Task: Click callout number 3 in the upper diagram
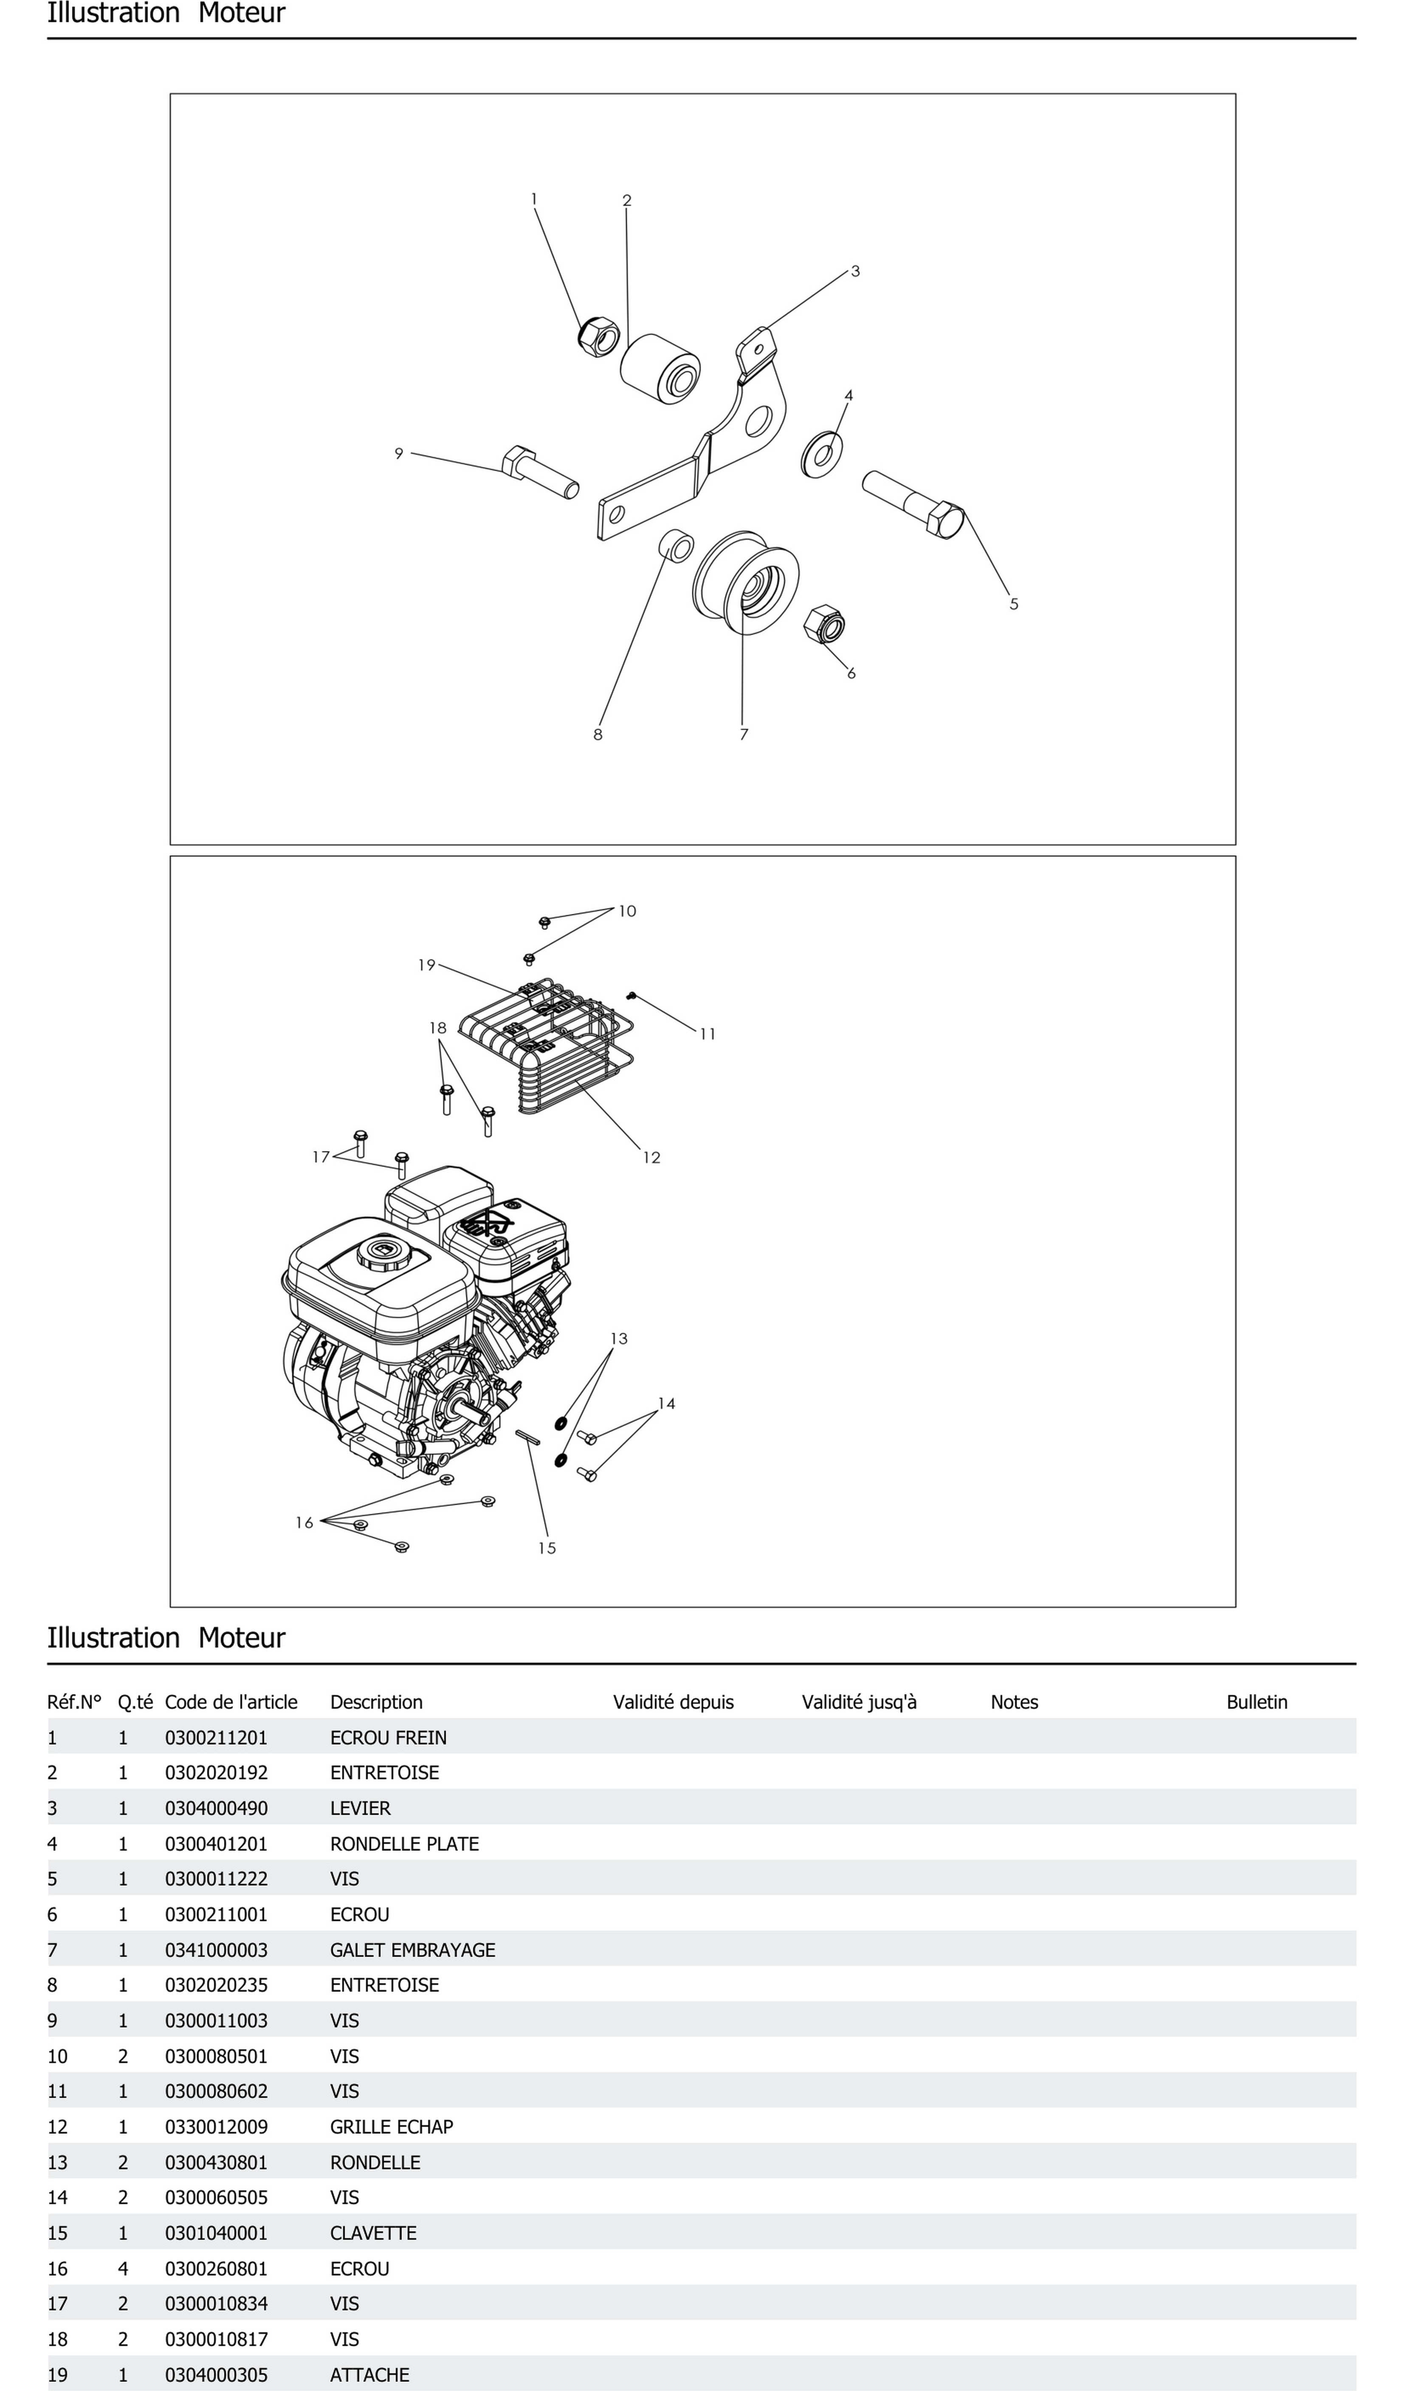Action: [855, 271]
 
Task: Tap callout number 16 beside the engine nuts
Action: [304, 1523]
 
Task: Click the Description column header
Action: [376, 1702]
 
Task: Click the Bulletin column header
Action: [1256, 1702]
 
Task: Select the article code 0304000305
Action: [216, 2375]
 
